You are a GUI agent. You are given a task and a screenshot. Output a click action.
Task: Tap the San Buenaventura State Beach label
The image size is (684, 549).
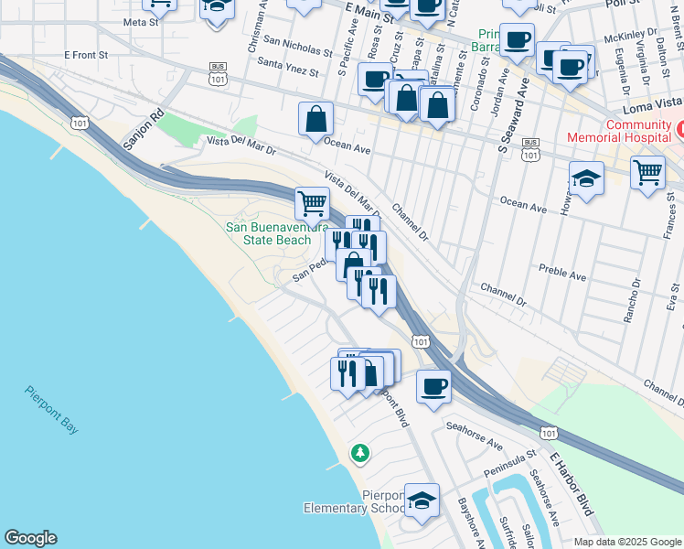pyautogui.click(x=270, y=233)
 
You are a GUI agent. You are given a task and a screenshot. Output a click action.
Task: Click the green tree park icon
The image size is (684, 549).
pyautogui.click(x=361, y=453)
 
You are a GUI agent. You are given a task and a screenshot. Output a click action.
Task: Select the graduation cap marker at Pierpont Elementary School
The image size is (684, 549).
pyautogui.click(x=422, y=501)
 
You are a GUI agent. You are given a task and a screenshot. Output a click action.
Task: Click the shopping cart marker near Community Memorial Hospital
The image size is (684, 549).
pyautogui.click(x=647, y=171)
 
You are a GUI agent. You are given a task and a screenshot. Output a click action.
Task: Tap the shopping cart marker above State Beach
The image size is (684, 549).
pyautogui.click(x=312, y=202)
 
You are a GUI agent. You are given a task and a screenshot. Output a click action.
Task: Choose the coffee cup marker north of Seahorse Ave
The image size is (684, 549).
pyautogui.click(x=433, y=385)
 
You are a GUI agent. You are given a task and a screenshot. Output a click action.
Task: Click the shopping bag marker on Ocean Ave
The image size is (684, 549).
pyautogui.click(x=315, y=118)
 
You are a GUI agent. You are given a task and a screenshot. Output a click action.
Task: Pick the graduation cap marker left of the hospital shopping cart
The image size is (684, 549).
pyautogui.click(x=586, y=179)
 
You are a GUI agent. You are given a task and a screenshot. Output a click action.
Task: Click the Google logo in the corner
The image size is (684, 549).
pyautogui.click(x=30, y=538)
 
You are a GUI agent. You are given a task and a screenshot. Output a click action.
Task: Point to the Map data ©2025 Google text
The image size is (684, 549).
pyautogui.click(x=626, y=542)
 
